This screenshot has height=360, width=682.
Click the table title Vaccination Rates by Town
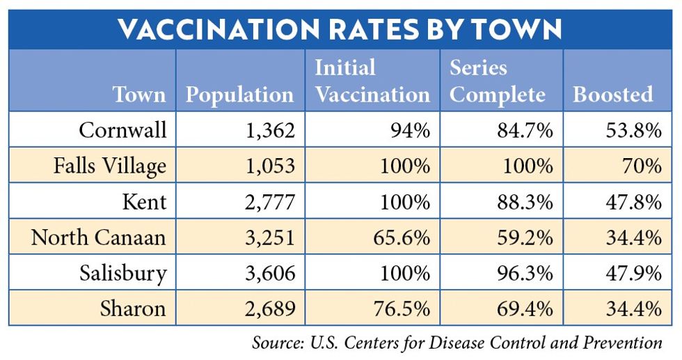340,29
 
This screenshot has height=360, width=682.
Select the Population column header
239,95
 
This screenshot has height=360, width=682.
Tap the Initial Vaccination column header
372,81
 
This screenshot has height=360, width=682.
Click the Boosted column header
613,95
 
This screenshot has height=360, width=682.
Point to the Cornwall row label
122,130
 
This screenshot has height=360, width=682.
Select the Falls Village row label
110,166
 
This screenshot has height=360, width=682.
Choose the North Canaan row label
98,237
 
